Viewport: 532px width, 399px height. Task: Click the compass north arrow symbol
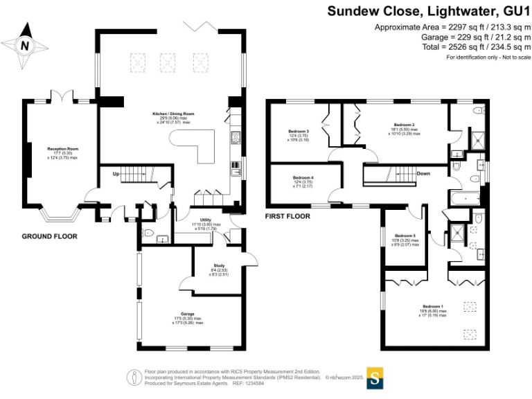click(x=26, y=46)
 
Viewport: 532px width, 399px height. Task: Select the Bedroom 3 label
click(x=298, y=131)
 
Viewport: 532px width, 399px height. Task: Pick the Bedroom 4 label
click(x=303, y=177)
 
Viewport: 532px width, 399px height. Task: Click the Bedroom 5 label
click(x=405, y=236)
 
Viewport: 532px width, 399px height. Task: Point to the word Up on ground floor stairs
click(x=116, y=173)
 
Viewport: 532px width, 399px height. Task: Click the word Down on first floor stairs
click(x=424, y=174)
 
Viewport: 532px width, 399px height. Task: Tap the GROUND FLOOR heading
click(x=49, y=236)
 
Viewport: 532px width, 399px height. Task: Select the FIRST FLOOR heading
click(x=287, y=216)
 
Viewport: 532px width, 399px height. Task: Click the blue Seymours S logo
click(x=375, y=378)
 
